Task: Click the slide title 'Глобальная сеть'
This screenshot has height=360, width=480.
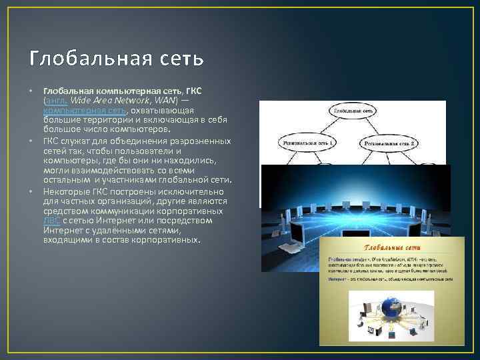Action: pyautogui.click(x=116, y=59)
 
